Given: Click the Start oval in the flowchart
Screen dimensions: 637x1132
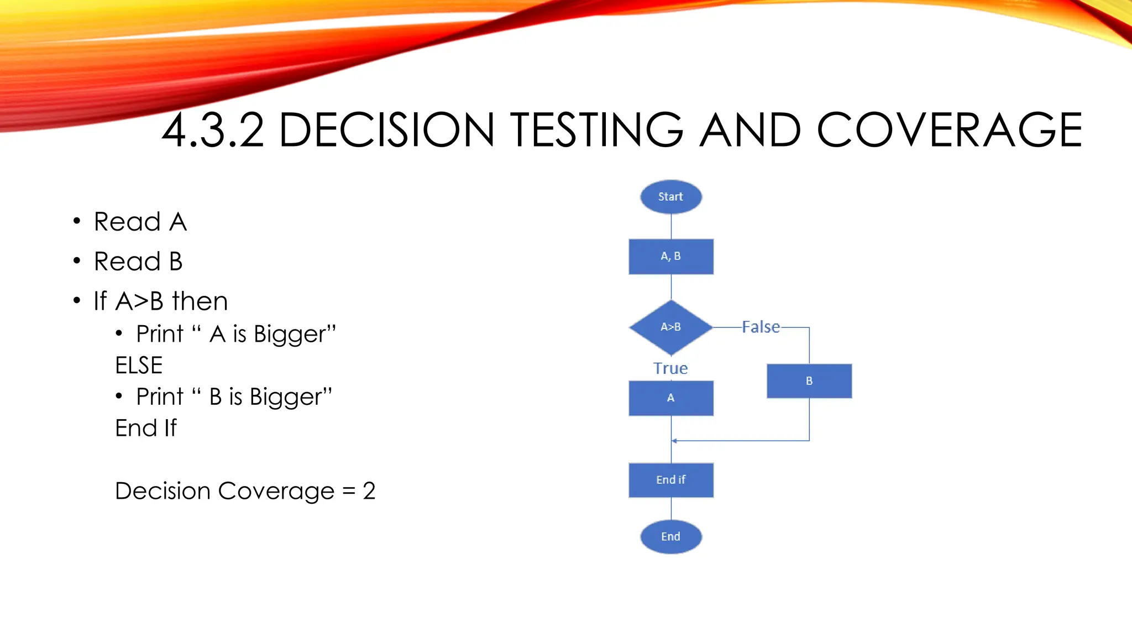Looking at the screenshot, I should click(670, 197).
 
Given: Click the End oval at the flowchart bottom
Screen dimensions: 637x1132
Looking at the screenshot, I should click(670, 536).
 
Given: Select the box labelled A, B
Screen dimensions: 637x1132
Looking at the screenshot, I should click(670, 257).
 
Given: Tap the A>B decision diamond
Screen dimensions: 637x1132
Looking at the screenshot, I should click(670, 327).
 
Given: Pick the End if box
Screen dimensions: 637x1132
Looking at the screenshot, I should click(670, 480).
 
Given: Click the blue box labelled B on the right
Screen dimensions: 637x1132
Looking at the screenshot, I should click(809, 381).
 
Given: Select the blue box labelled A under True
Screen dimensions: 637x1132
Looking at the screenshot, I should click(670, 398).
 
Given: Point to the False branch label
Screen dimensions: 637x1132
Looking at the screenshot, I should click(761, 327).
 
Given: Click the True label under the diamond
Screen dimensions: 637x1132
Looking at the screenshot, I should click(670, 368).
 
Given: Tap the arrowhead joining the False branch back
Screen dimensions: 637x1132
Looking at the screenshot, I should click(674, 441).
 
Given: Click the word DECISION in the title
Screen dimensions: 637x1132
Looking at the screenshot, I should click(386, 130).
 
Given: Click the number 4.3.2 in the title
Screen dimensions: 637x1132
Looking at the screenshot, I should click(213, 130).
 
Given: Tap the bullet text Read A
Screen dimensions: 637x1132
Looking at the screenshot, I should click(140, 222).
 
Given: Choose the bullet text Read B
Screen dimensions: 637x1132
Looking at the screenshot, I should click(138, 262).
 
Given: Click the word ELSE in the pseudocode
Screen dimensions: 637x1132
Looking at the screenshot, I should click(139, 366).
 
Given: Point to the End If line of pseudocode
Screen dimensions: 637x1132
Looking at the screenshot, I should click(146, 428).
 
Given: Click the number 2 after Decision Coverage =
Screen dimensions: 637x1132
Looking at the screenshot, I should click(369, 491).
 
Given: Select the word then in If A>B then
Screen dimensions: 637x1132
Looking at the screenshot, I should click(200, 301).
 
